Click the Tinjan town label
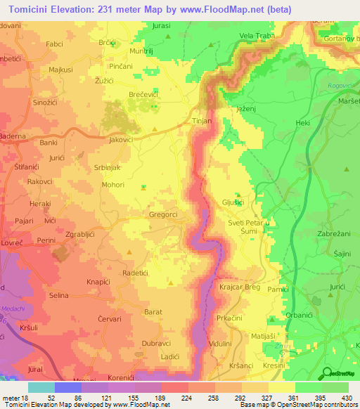click(x=202, y=121)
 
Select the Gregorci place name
click(x=163, y=214)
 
